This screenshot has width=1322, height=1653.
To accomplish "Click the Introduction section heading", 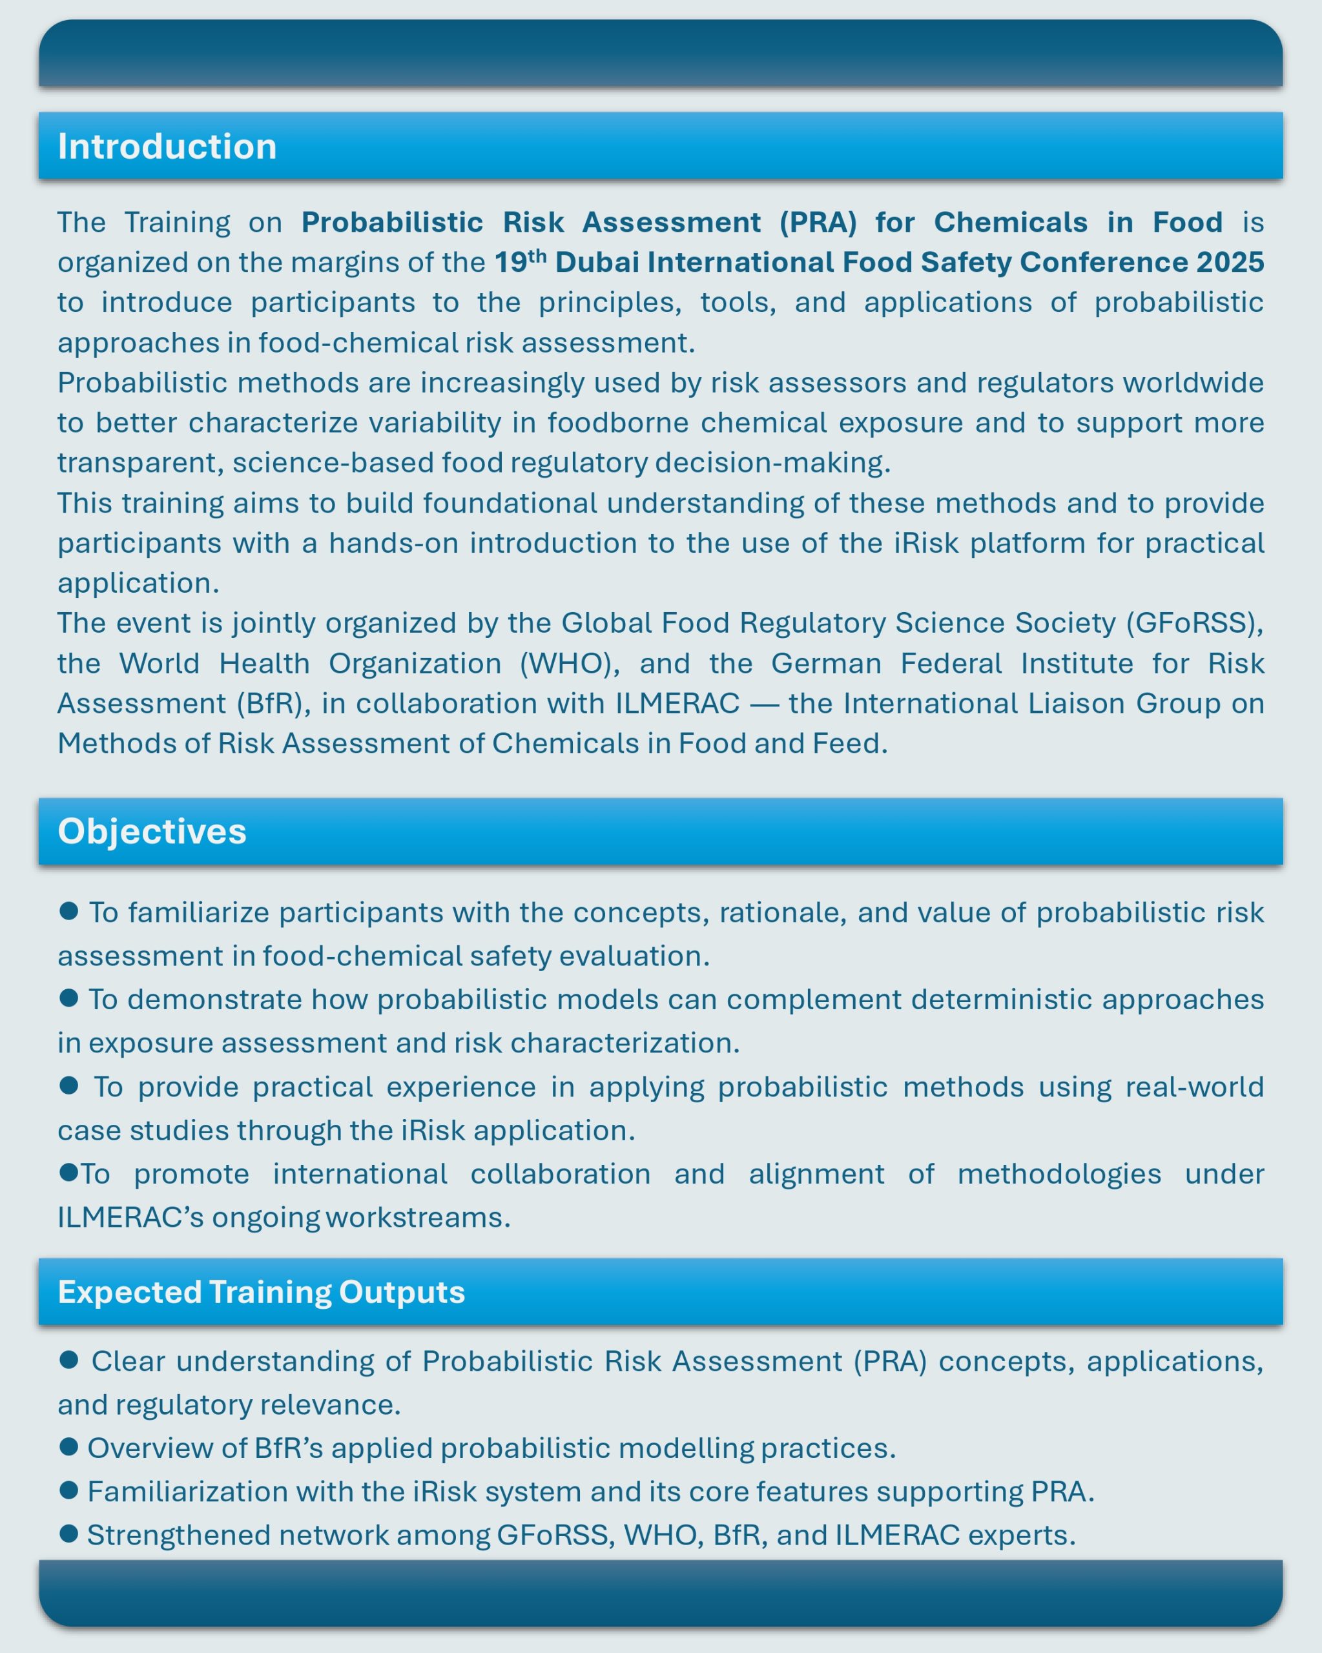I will pos(167,147).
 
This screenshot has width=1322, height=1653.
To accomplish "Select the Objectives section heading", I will pos(152,831).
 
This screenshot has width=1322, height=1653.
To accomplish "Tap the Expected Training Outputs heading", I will pos(262,1292).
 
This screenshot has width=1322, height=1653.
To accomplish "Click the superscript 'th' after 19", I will pos(537,254).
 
